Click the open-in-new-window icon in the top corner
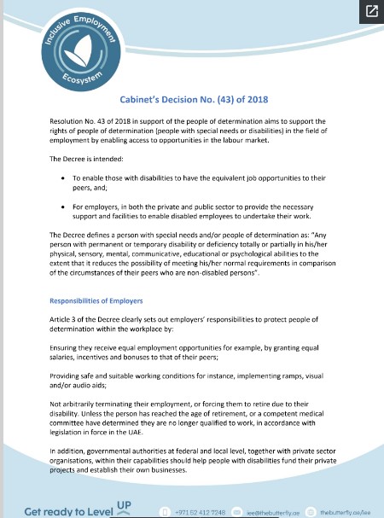[x=371, y=11]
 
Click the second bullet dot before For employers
[x=64, y=206]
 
